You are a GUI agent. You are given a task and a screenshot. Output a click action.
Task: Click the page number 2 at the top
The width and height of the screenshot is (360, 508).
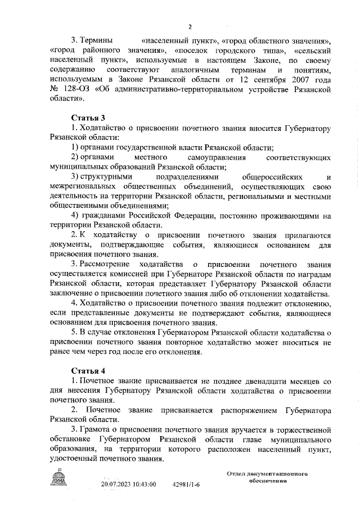tap(190, 26)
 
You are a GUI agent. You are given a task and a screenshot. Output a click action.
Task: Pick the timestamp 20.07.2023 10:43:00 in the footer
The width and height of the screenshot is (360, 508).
tap(128, 484)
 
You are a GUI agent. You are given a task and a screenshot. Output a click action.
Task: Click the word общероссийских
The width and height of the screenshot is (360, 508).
tap(263, 178)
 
